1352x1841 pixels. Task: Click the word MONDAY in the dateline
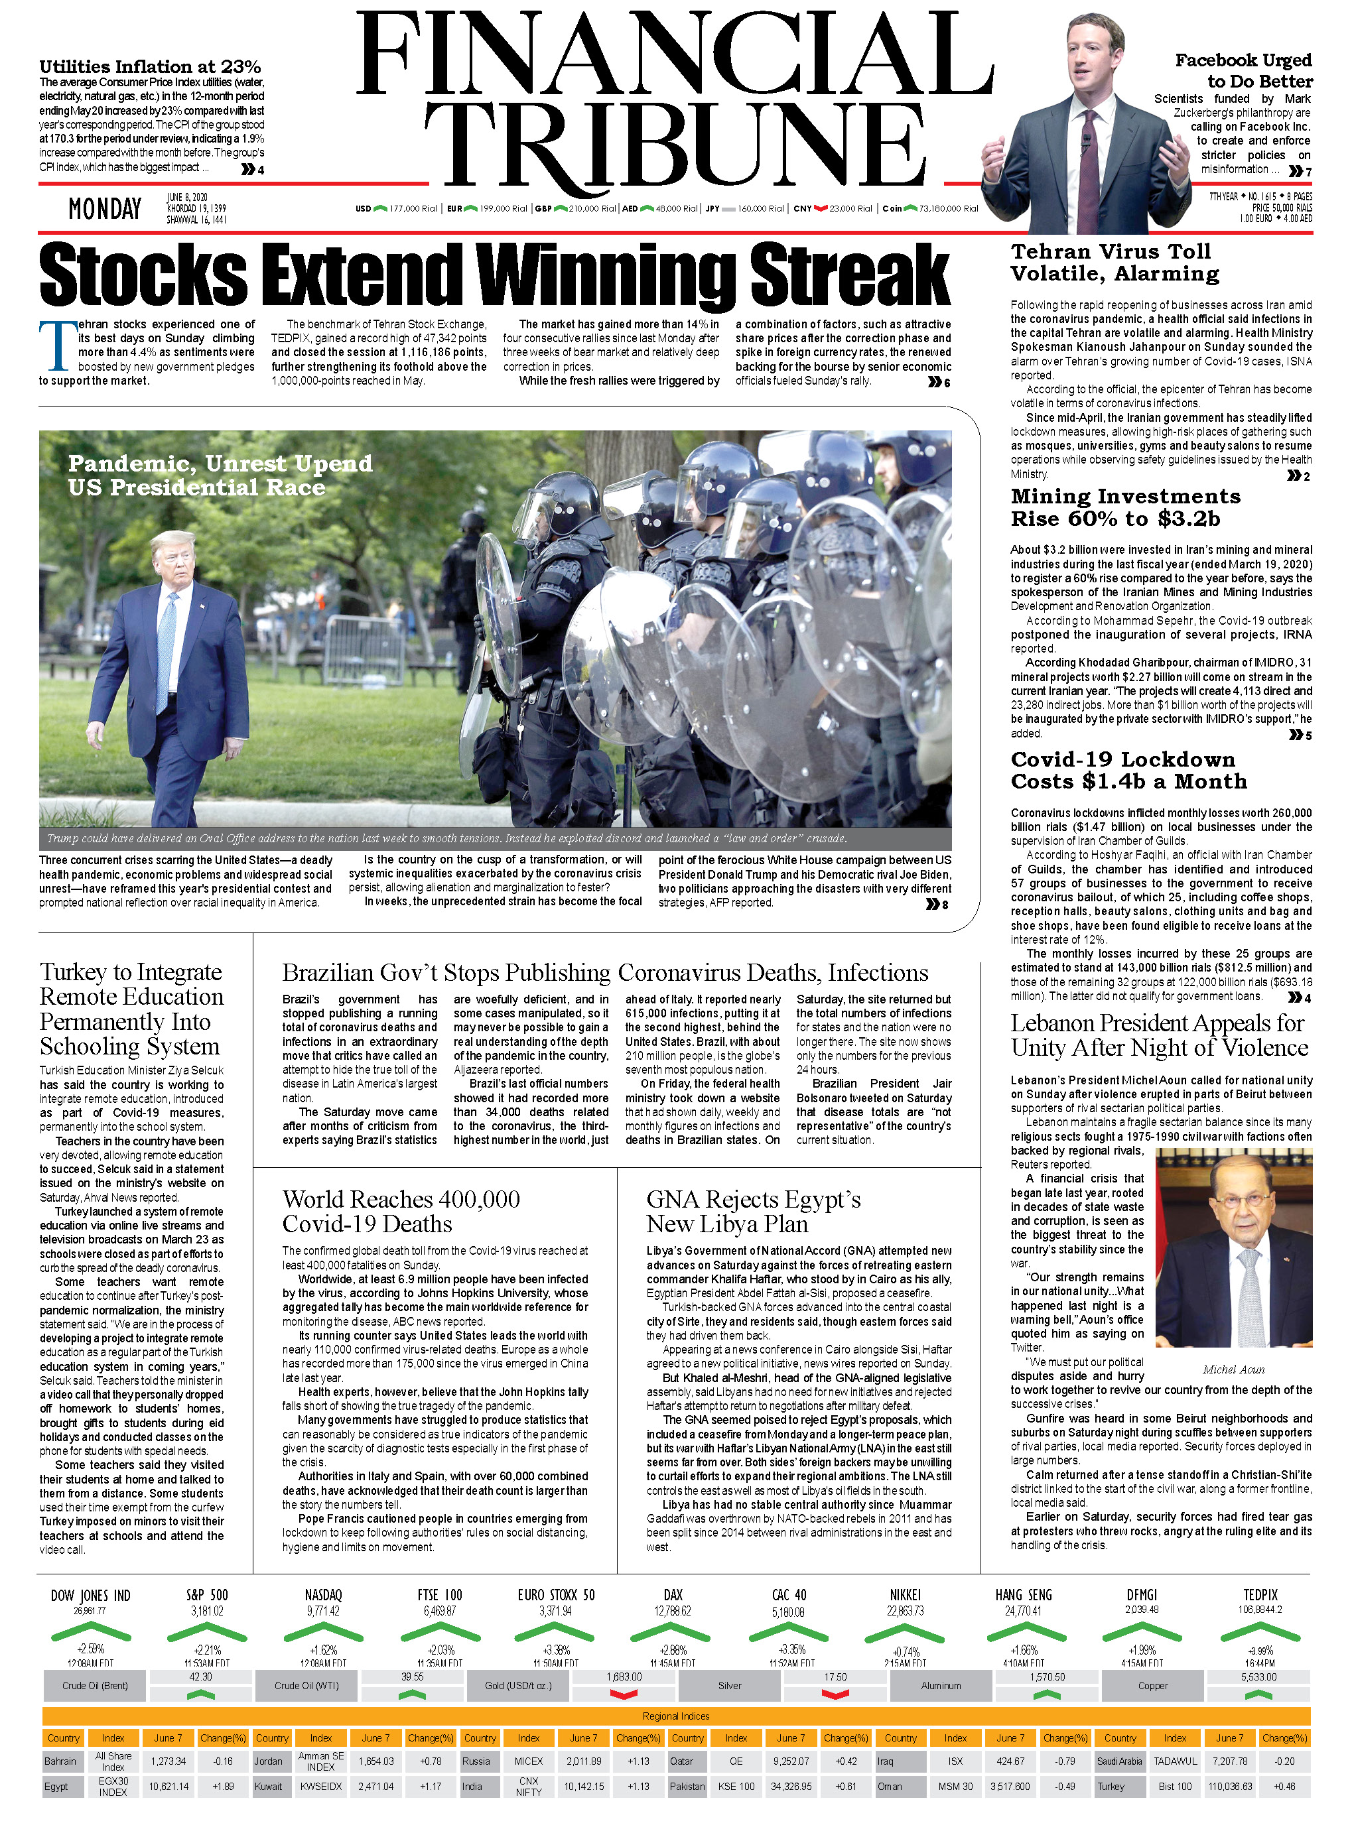[105, 210]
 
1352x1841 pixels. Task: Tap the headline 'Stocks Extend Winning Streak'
[494, 275]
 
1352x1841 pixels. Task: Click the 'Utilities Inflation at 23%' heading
[150, 67]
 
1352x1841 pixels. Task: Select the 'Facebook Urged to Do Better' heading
[1243, 70]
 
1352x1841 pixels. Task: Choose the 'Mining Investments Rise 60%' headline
[1125, 507]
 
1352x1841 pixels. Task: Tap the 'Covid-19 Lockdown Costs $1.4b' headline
[1128, 770]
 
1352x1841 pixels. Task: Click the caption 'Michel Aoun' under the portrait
[1233, 1369]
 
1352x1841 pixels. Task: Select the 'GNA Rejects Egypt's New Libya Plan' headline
[753, 1211]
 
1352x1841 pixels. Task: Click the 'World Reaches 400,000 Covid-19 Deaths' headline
[401, 1211]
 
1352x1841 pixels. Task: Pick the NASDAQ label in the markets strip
[323, 1595]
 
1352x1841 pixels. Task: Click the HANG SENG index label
[1023, 1595]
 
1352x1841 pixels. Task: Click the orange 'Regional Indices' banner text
[676, 1716]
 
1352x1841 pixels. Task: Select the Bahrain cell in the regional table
[60, 1761]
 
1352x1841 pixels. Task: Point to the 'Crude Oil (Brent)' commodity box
[95, 1686]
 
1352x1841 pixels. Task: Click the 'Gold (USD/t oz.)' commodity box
[518, 1686]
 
